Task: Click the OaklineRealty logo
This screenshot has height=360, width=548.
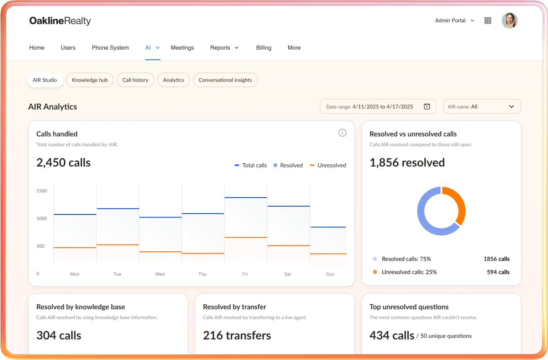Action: (x=60, y=21)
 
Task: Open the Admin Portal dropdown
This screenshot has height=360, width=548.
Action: (x=455, y=20)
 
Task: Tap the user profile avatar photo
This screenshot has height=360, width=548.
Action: (x=509, y=20)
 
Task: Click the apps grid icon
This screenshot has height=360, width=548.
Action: (x=488, y=20)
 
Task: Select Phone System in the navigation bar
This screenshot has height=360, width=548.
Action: (x=110, y=48)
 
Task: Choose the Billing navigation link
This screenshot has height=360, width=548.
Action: (x=264, y=48)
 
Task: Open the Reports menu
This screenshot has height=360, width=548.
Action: (x=224, y=48)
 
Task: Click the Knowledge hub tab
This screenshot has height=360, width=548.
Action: (x=90, y=80)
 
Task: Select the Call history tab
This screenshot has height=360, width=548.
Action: (x=135, y=80)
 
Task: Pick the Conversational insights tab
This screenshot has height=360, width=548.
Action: (x=225, y=80)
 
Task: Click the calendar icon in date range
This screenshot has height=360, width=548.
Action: (x=427, y=106)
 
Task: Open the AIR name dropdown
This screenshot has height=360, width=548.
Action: (x=482, y=106)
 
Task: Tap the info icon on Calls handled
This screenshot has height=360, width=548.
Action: (x=342, y=133)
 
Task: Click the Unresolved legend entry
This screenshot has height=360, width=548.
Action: (x=328, y=165)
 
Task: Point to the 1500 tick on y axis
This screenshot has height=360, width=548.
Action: (x=41, y=191)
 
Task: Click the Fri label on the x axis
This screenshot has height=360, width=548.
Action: (x=245, y=274)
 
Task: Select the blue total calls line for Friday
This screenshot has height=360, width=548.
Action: (x=246, y=198)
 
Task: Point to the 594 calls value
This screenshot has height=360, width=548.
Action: (x=498, y=272)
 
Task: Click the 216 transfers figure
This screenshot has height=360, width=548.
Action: (x=237, y=335)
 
